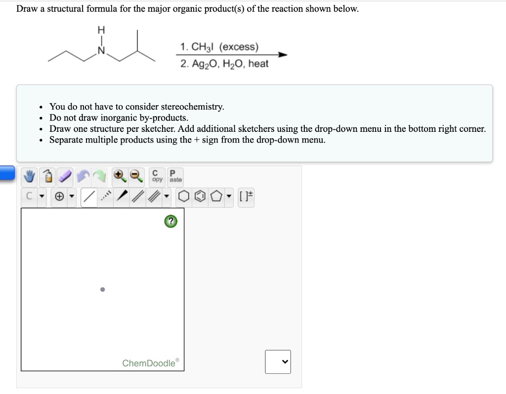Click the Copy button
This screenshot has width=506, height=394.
[157, 176]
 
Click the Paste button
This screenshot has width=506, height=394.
[174, 176]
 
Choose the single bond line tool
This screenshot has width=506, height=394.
[89, 197]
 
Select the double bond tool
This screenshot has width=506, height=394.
[140, 197]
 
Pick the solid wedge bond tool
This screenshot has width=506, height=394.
[123, 197]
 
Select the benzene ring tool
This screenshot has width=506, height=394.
[197, 197]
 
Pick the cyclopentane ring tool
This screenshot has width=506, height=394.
[213, 197]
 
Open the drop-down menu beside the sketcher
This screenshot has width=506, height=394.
[278, 362]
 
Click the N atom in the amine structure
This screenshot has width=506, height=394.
[102, 50]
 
